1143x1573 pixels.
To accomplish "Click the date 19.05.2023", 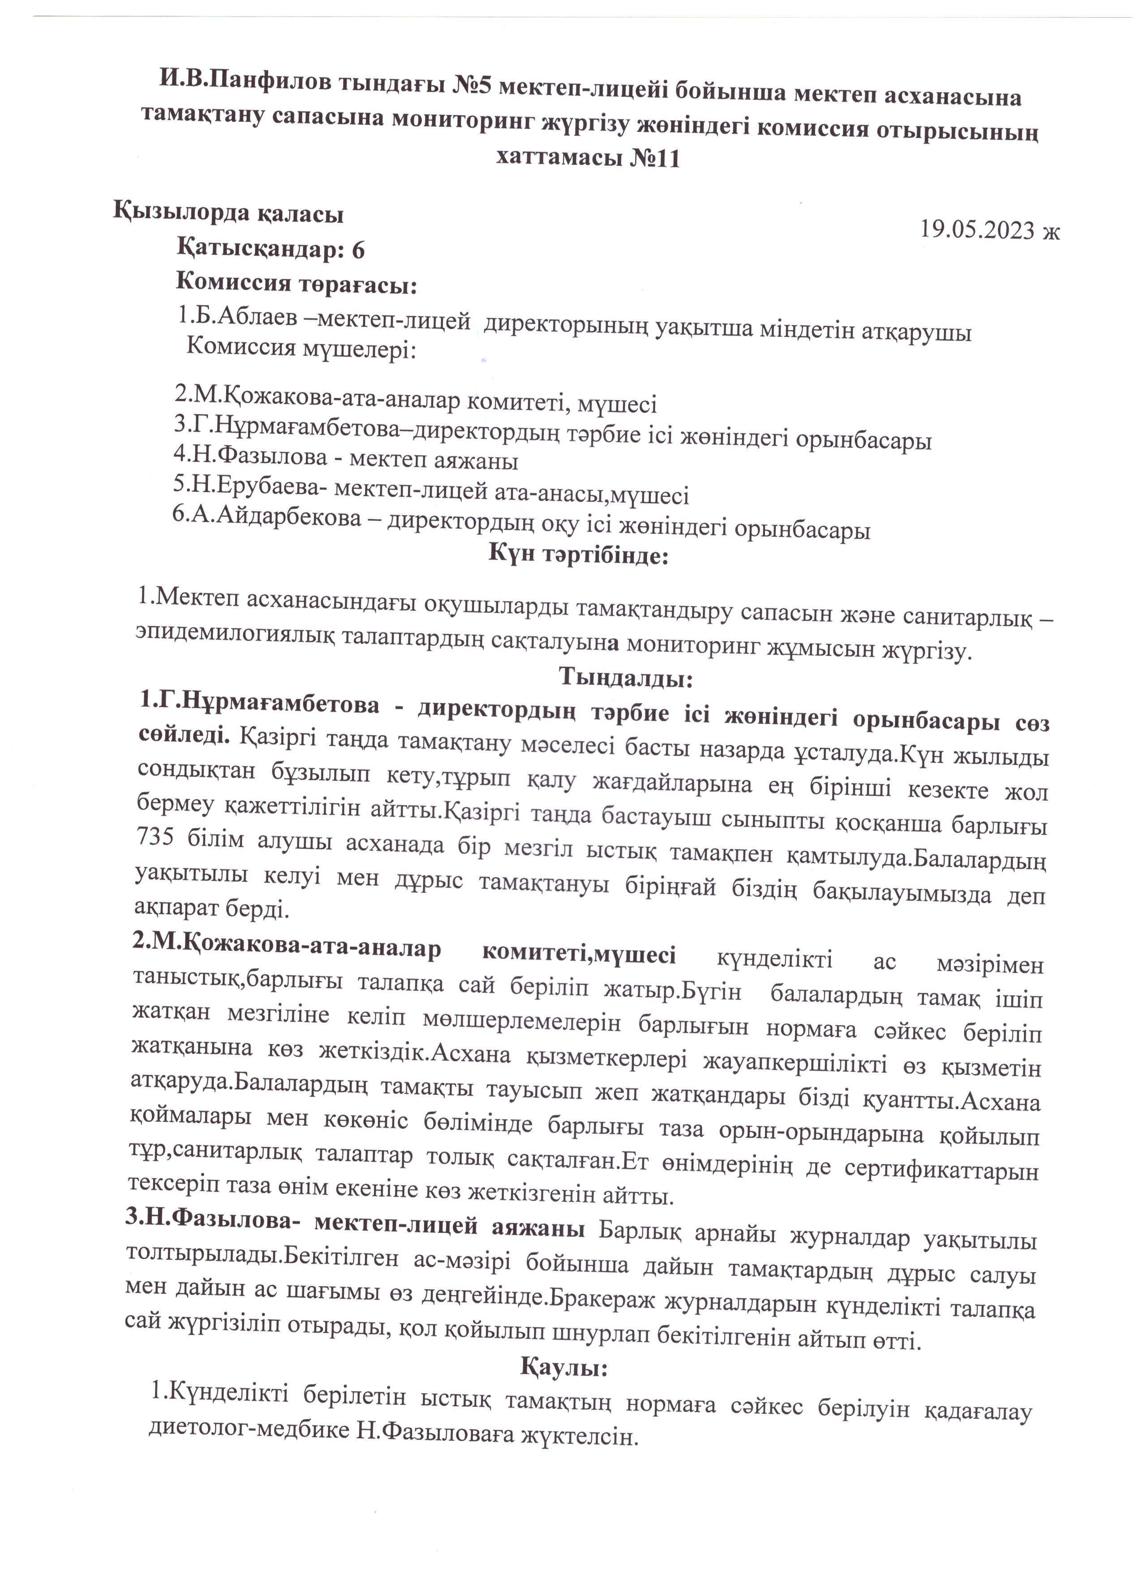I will click(977, 229).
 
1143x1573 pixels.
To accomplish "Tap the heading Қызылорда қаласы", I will click(229, 214).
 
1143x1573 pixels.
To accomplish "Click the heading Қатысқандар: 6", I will click(271, 249).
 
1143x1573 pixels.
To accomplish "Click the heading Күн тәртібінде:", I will click(578, 554).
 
